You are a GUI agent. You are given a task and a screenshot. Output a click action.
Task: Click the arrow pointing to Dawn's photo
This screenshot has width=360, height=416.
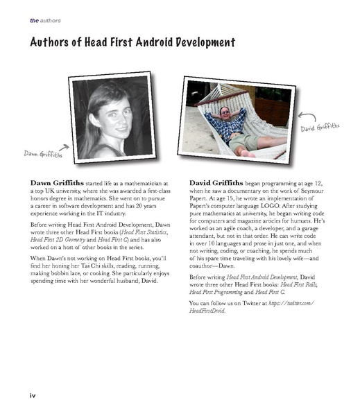coord(63,146)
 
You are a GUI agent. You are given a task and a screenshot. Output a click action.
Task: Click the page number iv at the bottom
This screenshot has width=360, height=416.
coord(32,395)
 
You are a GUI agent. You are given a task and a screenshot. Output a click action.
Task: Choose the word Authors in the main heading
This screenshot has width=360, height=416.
coord(53,43)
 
